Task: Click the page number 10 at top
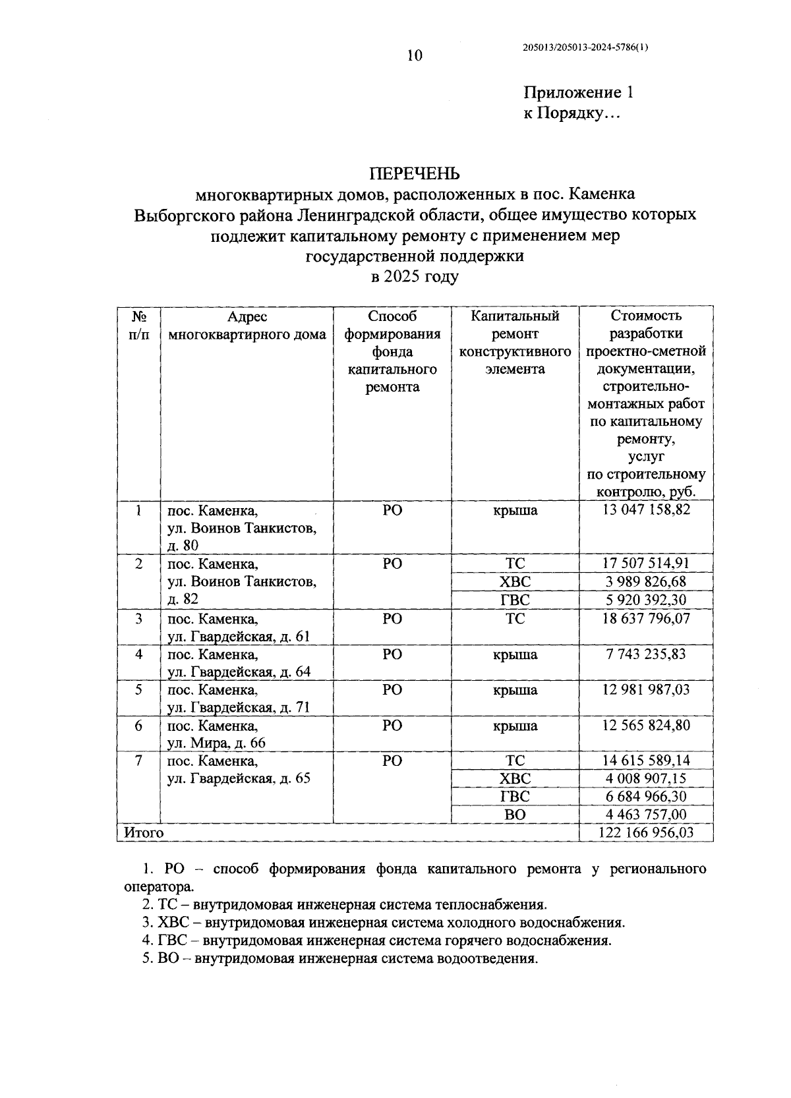(414, 56)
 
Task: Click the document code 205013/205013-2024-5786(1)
(585, 47)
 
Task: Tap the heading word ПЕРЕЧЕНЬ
(414, 174)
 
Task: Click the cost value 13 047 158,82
(646, 509)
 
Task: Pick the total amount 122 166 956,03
(646, 832)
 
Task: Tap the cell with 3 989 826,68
(646, 581)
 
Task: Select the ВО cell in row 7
(515, 815)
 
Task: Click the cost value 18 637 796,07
(646, 619)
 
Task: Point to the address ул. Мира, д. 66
(216, 743)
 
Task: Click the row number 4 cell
(138, 654)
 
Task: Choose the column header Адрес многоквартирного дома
(247, 326)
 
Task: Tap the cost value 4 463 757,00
(646, 815)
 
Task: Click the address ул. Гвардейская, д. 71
(239, 707)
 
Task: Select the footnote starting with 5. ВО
(340, 959)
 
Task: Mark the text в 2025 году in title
(414, 277)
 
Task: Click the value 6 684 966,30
(646, 796)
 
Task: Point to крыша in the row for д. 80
(515, 510)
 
